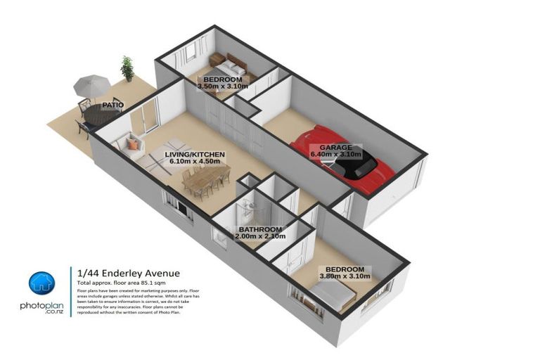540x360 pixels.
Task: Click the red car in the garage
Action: [345, 159]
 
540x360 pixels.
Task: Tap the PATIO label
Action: [112, 105]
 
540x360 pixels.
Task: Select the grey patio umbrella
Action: [93, 88]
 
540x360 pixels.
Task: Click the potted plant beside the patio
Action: [127, 68]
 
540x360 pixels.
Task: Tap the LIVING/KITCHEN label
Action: [195, 153]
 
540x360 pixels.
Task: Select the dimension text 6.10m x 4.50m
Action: [195, 161]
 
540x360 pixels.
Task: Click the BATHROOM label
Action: [260, 229]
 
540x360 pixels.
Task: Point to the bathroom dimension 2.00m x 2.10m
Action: [260, 237]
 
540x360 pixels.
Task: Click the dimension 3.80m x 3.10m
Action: [345, 277]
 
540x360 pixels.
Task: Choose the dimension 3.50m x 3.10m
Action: [222, 87]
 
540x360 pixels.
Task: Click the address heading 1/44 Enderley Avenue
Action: [128, 274]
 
